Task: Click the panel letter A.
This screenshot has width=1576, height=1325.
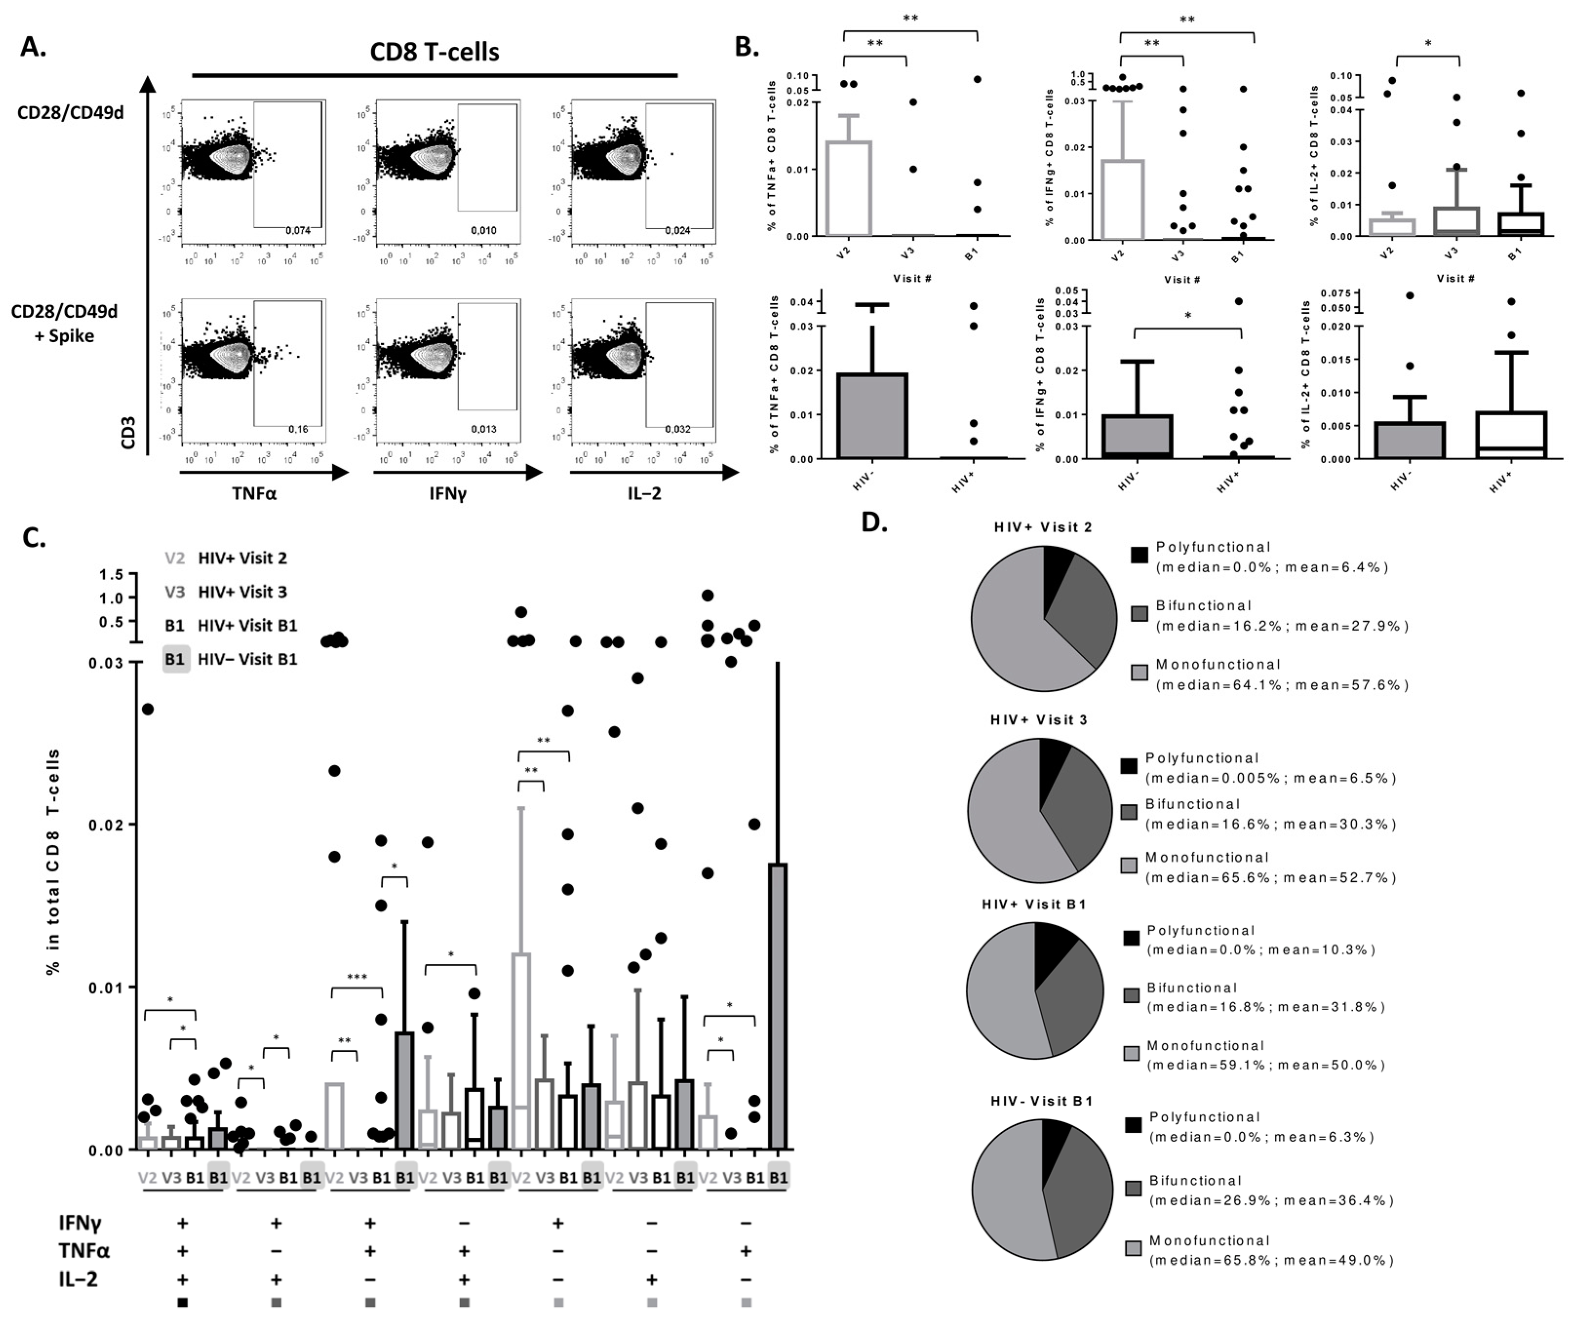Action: pyautogui.click(x=33, y=47)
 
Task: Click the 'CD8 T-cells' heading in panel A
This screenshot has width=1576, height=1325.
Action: pyautogui.click(x=434, y=52)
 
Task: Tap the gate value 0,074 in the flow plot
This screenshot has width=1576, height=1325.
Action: pyautogui.click(x=298, y=231)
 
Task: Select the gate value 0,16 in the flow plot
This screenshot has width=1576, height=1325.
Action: pyautogui.click(x=298, y=429)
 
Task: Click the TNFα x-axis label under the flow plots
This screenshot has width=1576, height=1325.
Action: pyautogui.click(x=254, y=493)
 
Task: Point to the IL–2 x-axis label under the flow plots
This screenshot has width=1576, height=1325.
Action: pyautogui.click(x=644, y=493)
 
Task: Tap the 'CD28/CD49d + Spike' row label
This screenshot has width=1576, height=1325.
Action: pyautogui.click(x=65, y=324)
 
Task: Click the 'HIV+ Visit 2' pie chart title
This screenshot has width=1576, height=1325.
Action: pyautogui.click(x=1043, y=527)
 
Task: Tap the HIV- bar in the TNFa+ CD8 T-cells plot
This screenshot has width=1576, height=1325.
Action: pyautogui.click(x=872, y=415)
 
